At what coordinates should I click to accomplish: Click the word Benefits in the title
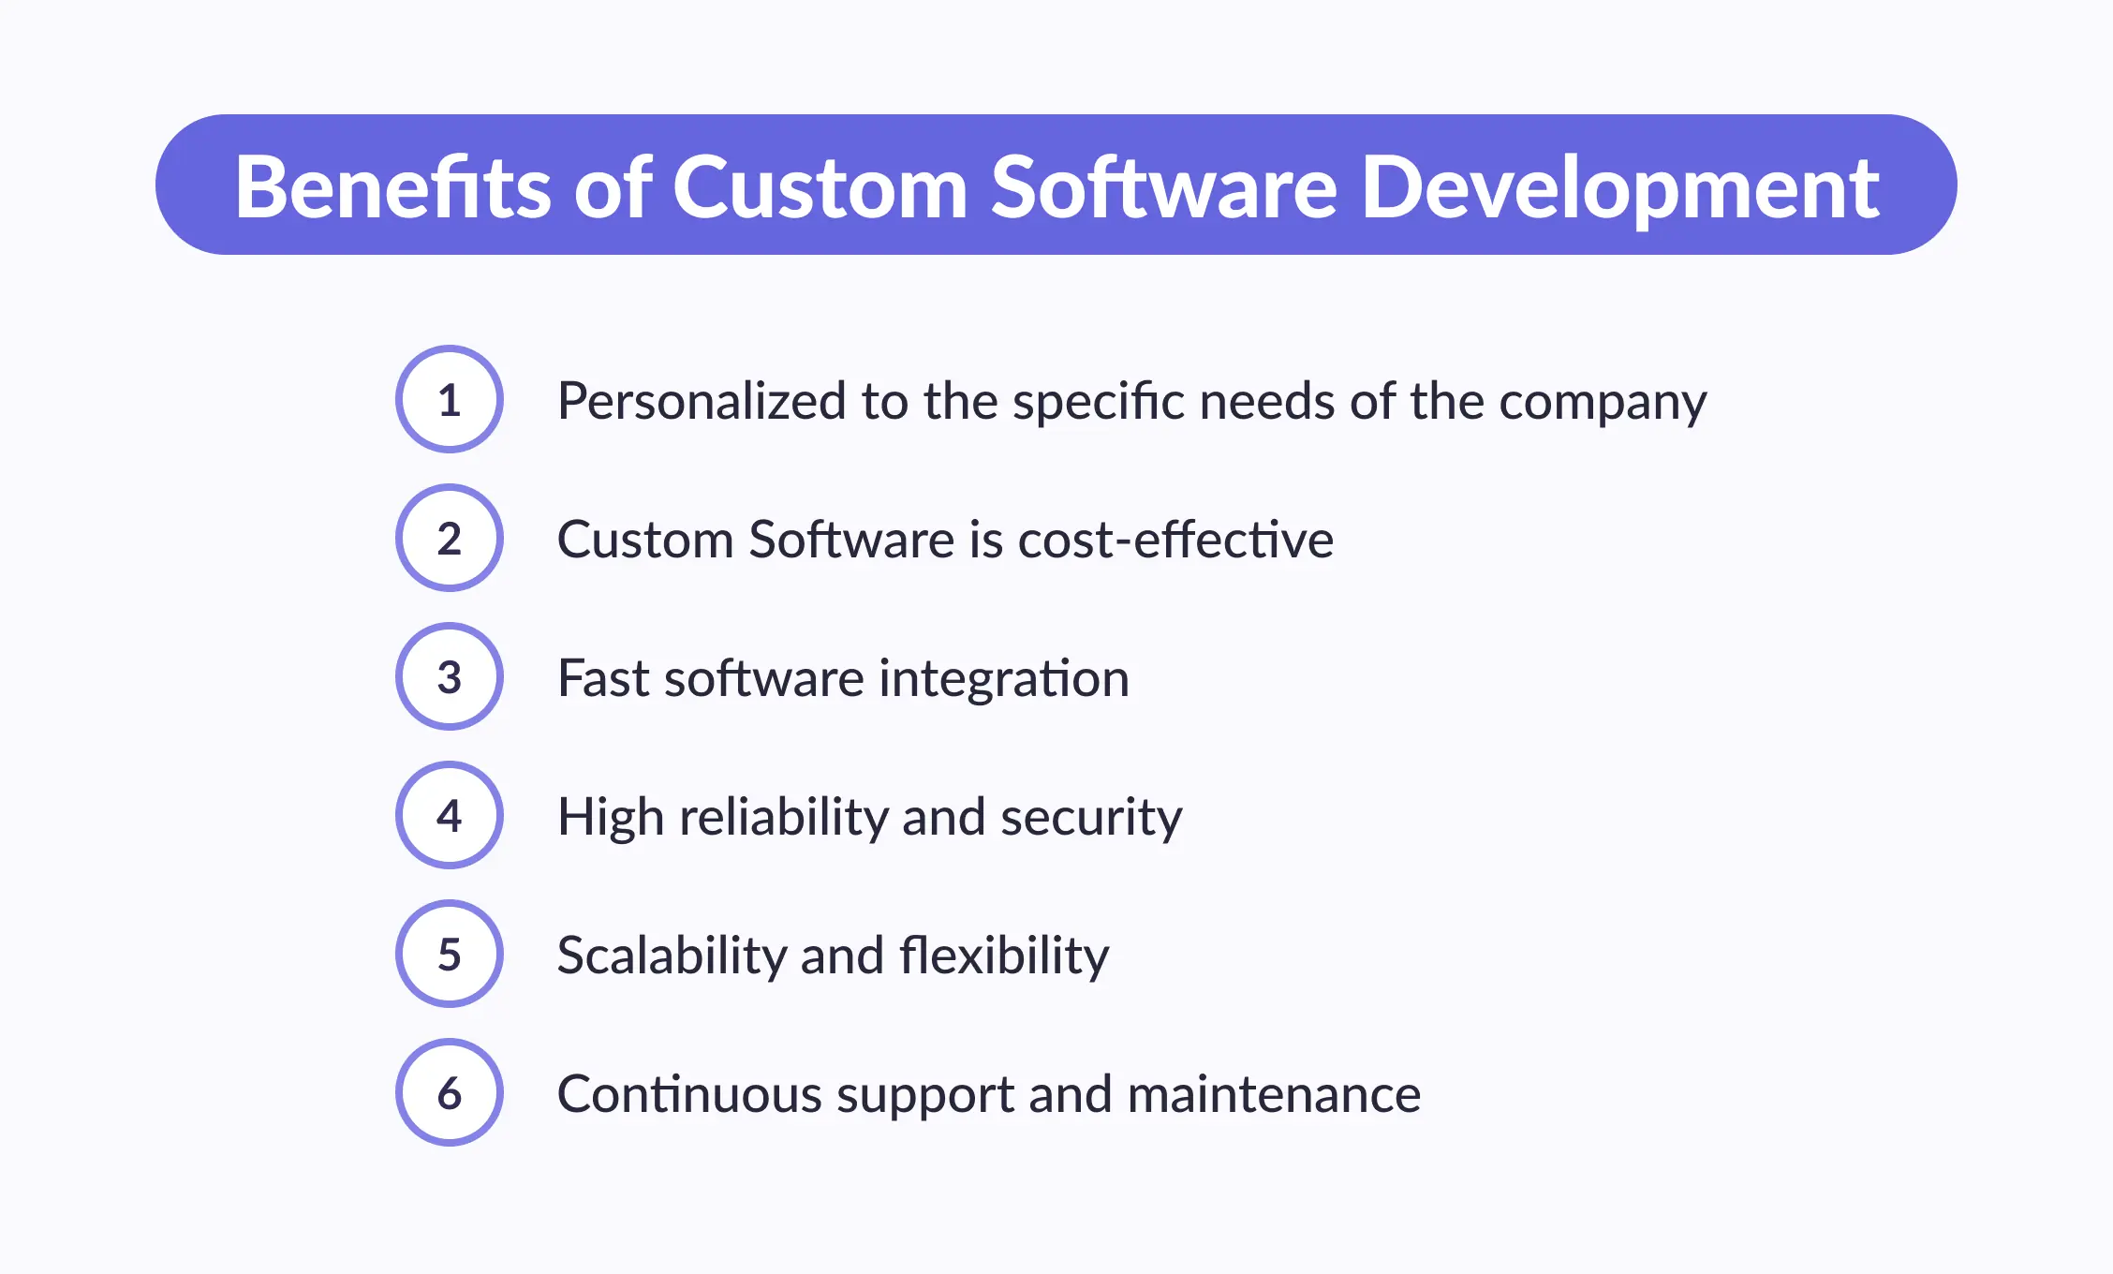392,186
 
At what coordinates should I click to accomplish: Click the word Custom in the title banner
820,187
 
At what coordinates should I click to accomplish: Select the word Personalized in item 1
703,401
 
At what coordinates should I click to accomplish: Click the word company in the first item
1603,406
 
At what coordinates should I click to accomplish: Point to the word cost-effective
1175,540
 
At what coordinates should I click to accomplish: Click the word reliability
784,818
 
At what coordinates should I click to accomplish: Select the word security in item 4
1091,820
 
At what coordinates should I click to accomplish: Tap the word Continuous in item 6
689,1094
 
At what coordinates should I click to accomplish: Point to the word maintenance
1274,1094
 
